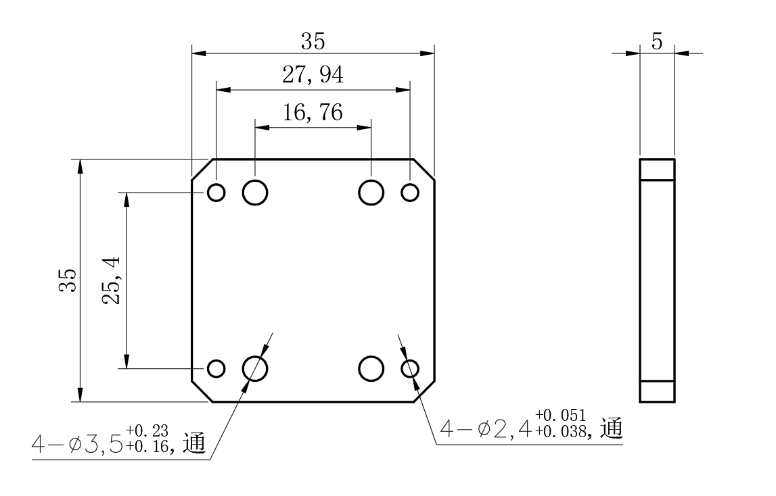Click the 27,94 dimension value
point(313,75)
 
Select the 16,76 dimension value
point(313,112)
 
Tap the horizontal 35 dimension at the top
point(313,41)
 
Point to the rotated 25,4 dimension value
point(111,280)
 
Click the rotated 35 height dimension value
point(68,280)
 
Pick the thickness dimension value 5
point(657,41)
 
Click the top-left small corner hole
point(216,193)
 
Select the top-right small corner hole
point(410,193)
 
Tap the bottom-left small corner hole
point(216,368)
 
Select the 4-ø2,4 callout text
point(486,428)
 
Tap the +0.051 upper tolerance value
point(560,415)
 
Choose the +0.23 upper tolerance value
point(147,430)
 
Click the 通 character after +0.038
point(612,428)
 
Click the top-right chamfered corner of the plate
point(424,169)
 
